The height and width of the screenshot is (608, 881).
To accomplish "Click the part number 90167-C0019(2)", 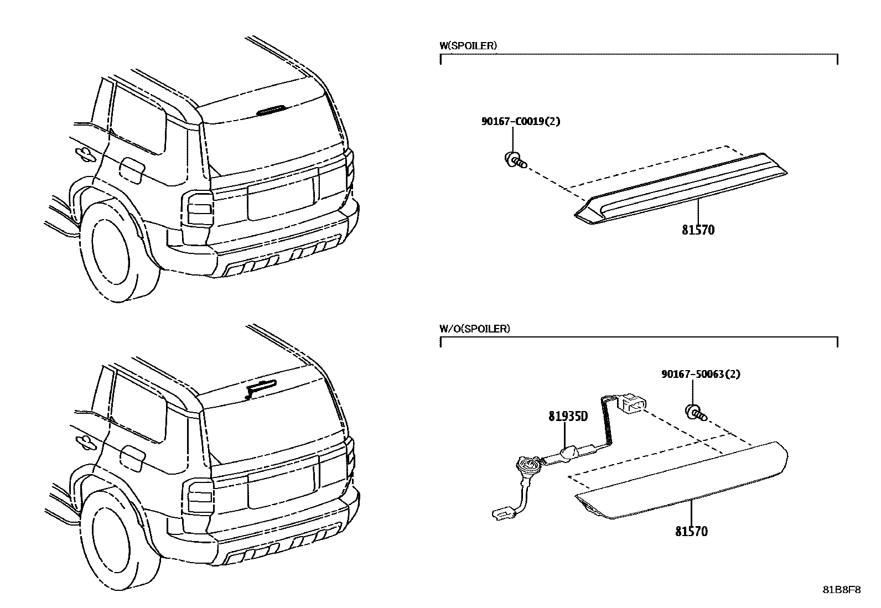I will click(x=520, y=121).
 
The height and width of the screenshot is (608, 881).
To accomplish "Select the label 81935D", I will click(x=568, y=416).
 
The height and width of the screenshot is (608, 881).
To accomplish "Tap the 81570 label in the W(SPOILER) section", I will click(x=698, y=230).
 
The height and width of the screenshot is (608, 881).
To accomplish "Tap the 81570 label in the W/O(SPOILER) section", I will click(x=691, y=532).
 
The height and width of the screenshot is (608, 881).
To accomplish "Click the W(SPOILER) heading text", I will click(x=468, y=46).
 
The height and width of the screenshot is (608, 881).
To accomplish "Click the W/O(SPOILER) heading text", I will click(x=474, y=329).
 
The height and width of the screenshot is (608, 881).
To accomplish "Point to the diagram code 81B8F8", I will click(x=841, y=590).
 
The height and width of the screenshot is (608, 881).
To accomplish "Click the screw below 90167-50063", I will click(x=696, y=412).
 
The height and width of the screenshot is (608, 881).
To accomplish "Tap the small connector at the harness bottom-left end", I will click(x=502, y=515).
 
